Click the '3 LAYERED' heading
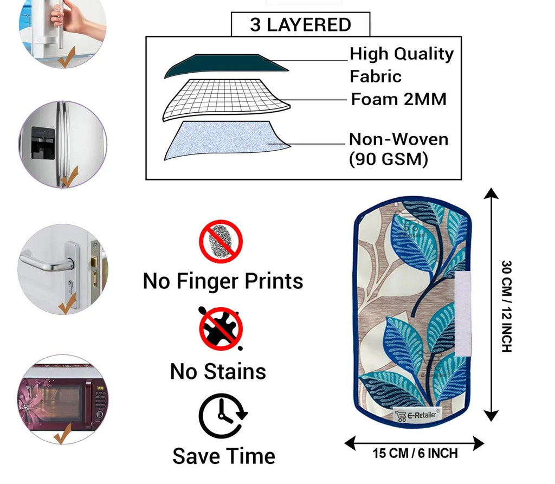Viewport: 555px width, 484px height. pos(300,25)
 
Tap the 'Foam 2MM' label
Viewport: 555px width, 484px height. pos(399,99)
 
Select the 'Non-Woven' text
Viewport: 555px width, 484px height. pos(398,139)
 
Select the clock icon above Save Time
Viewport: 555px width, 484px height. pos(222,416)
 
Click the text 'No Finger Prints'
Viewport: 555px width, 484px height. pos(223,281)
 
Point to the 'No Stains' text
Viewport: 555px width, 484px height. pos(218,371)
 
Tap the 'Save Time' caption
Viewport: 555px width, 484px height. pos(223,456)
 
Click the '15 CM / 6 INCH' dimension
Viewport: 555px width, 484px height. pos(415,453)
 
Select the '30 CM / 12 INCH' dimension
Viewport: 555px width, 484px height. pos(506,306)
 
